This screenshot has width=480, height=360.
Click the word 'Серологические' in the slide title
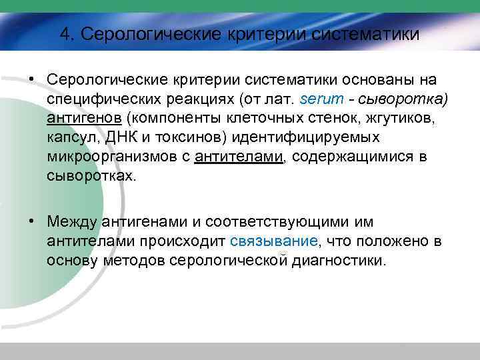click(137, 33)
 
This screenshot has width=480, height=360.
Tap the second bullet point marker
click(32, 221)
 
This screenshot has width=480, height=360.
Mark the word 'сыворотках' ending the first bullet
click(89, 177)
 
